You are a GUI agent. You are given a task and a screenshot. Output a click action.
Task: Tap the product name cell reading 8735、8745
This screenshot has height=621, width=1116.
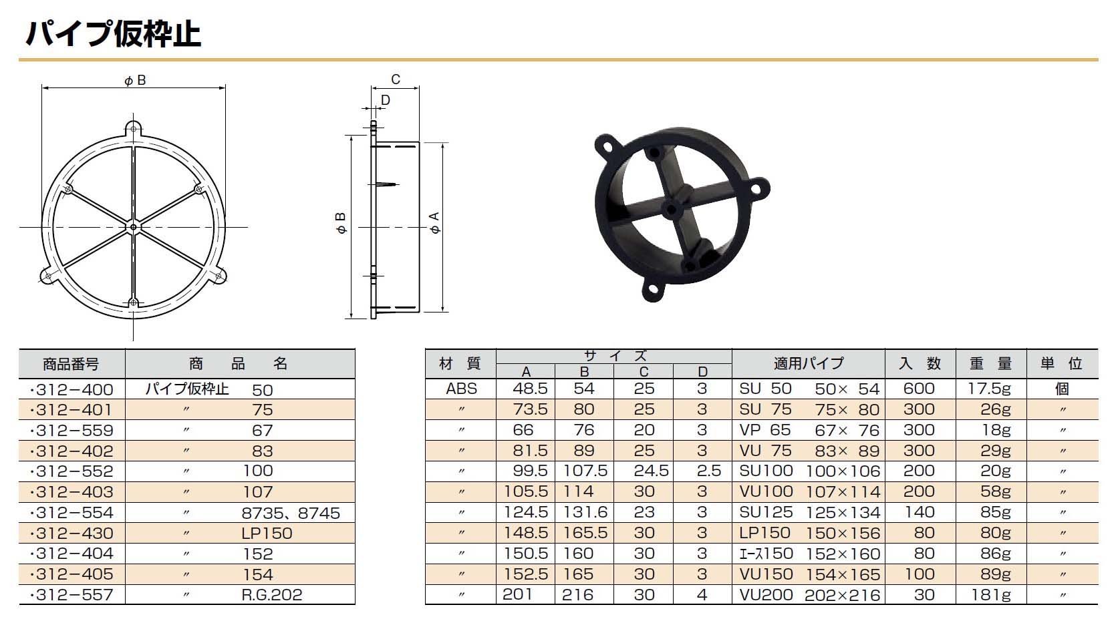291,513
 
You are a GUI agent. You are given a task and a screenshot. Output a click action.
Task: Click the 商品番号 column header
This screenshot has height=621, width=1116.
71,364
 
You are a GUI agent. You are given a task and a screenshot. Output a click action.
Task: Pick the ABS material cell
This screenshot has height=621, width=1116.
461,389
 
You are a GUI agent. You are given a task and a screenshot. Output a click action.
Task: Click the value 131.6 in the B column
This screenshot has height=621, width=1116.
584,512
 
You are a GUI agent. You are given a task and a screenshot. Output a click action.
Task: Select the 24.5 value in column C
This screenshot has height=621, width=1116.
651,471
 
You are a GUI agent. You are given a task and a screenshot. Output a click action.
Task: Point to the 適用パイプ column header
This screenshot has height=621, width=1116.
808,363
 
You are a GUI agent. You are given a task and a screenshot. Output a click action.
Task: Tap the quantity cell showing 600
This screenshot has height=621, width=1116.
919,389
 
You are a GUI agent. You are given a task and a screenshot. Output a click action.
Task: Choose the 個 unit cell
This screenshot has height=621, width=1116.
1061,389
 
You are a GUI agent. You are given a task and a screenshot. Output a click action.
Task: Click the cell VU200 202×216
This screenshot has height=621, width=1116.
809,594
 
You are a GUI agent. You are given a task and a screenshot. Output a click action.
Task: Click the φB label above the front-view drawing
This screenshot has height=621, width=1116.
134,81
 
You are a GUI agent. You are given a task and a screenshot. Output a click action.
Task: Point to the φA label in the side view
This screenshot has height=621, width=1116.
435,223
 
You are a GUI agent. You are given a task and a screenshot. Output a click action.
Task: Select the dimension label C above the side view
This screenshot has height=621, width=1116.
396,79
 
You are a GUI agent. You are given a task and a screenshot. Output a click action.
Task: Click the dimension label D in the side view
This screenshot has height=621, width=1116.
385,100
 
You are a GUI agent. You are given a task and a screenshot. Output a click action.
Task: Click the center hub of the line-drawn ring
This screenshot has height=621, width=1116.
134,228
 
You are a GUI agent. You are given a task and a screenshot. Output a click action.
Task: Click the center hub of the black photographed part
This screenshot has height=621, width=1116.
672,208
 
